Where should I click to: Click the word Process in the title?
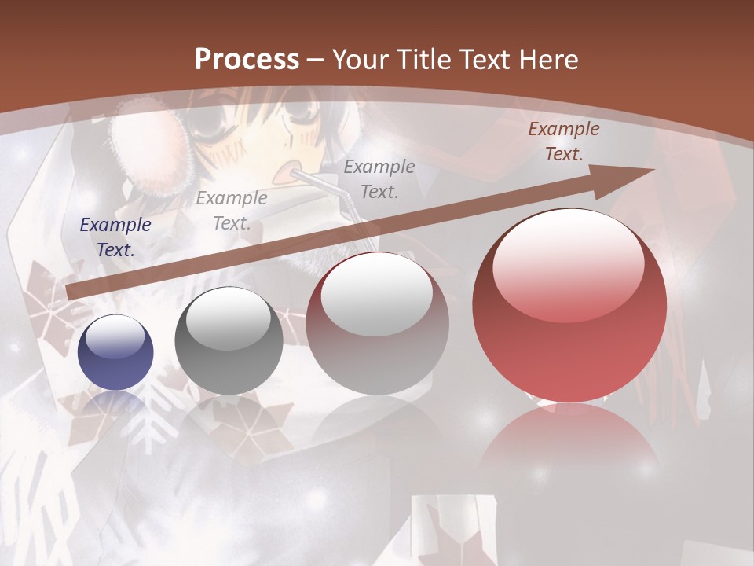247,60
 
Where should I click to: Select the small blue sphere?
115,353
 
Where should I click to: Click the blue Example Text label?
115,237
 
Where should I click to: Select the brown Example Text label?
563,141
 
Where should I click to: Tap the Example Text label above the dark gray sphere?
231,211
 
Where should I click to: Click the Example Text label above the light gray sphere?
379,178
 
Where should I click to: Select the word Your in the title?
361,60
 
